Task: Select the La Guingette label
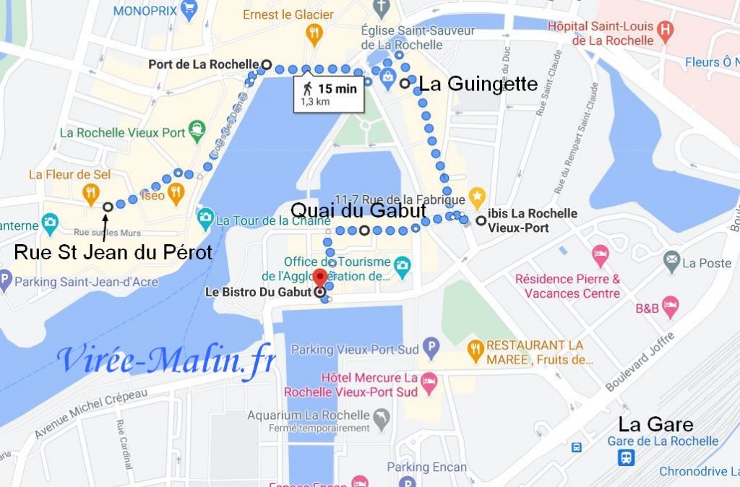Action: [x=478, y=85]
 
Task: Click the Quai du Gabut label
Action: [x=357, y=210]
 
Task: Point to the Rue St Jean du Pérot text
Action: [x=113, y=252]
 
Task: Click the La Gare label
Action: [x=655, y=424]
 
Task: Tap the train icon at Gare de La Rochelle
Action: [x=627, y=457]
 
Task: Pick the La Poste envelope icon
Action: [x=672, y=258]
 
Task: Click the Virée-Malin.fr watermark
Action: [x=166, y=359]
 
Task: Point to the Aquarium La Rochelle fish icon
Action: [x=380, y=416]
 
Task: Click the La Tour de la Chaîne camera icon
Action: [x=205, y=217]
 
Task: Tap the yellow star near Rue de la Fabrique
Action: [x=476, y=195]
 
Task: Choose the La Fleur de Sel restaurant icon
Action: [x=90, y=192]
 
